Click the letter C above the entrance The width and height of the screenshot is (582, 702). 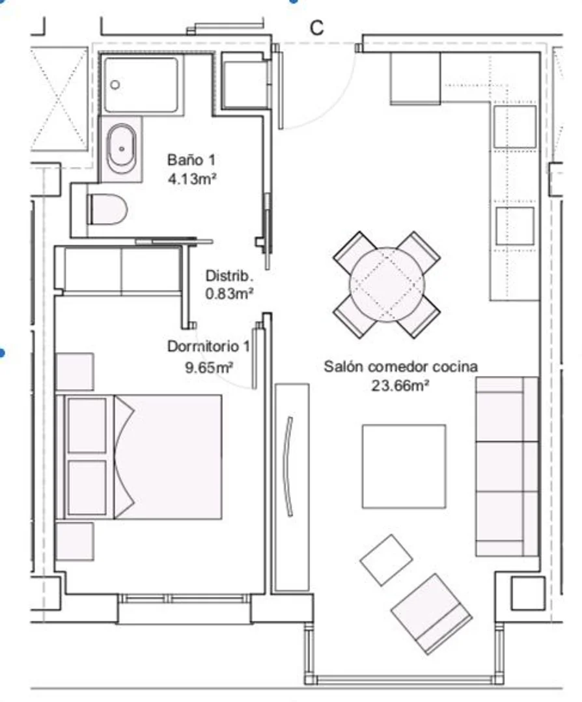click(x=316, y=28)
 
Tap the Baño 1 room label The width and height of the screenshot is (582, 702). click(x=191, y=159)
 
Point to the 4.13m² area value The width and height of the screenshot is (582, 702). click(x=192, y=179)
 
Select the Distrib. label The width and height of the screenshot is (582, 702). click(x=229, y=275)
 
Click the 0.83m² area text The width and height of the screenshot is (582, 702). click(x=229, y=293)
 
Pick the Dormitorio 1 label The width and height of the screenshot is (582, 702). click(x=208, y=346)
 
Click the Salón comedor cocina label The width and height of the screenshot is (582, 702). click(x=400, y=366)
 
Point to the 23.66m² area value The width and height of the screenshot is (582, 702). click(x=400, y=385)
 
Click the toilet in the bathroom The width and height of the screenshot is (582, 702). click(x=107, y=209)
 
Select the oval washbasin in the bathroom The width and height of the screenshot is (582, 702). click(x=121, y=148)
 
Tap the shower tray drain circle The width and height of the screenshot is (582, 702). click(x=115, y=84)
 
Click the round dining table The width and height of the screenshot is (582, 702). click(x=387, y=285)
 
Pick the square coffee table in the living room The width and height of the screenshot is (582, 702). click(x=404, y=466)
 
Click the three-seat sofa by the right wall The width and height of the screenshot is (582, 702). click(x=506, y=466)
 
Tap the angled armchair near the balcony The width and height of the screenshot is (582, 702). click(x=431, y=614)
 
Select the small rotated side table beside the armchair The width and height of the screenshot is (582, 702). click(x=386, y=560)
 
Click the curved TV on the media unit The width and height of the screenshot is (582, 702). click(x=289, y=466)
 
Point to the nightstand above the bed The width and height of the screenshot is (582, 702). click(x=75, y=371)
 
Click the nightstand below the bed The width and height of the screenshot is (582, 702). click(x=75, y=541)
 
